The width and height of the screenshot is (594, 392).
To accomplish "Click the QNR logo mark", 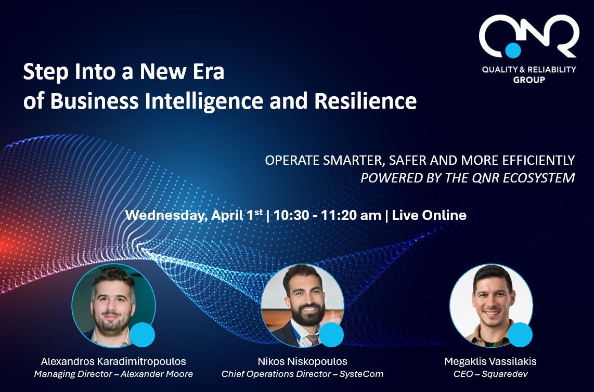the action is [x=529, y=36].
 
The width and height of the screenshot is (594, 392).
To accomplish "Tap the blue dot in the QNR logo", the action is [x=512, y=50].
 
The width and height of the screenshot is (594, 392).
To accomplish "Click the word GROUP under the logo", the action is [x=529, y=80].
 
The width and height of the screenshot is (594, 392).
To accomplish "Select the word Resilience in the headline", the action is [x=365, y=101].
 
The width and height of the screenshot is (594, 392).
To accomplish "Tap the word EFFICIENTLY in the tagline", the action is [x=538, y=160].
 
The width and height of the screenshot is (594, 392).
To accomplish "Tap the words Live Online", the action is [x=429, y=215].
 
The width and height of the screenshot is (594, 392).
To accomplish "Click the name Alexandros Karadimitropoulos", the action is [x=113, y=361].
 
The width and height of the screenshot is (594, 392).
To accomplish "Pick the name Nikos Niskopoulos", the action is [x=302, y=361].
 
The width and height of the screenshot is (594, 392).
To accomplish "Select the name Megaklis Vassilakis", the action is [x=490, y=361].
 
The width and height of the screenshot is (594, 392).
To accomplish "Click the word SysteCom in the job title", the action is [x=361, y=374].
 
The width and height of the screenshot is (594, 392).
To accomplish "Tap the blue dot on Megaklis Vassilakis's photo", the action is [x=520, y=335].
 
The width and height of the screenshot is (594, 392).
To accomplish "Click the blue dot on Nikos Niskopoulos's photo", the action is [x=331, y=335].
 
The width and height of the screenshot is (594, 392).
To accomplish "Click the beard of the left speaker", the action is [x=112, y=324].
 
